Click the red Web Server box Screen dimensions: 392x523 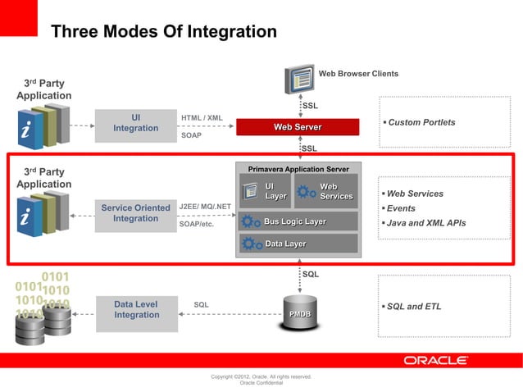[298, 127]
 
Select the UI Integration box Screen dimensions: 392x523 [135, 123]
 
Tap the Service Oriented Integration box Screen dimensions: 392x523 [135, 213]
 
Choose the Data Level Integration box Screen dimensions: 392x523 [135, 310]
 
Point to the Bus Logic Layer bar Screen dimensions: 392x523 [297, 221]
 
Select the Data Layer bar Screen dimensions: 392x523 [297, 244]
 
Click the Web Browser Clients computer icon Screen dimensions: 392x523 [299, 79]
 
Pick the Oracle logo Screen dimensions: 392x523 [435, 361]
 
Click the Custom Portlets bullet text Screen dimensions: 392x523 [421, 122]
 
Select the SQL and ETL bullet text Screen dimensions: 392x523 [414, 307]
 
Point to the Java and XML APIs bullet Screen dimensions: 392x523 [425, 223]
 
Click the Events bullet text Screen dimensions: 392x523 [401, 208]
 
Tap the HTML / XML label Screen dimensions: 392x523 [202, 118]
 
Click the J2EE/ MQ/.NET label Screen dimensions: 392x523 [205, 206]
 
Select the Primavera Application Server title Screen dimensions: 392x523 [298, 169]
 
